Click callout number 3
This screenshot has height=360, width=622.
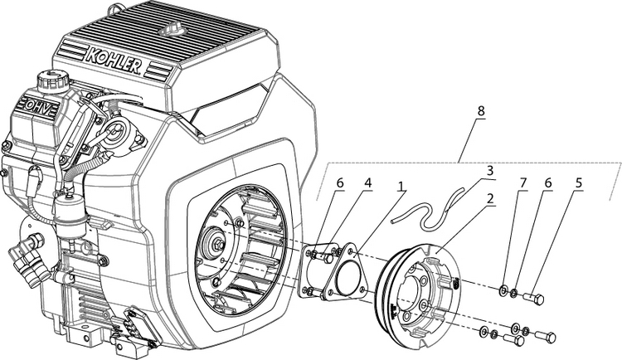[x=489, y=172]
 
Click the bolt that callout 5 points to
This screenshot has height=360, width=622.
[x=535, y=298]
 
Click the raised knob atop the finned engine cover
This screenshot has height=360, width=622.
[x=173, y=28]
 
